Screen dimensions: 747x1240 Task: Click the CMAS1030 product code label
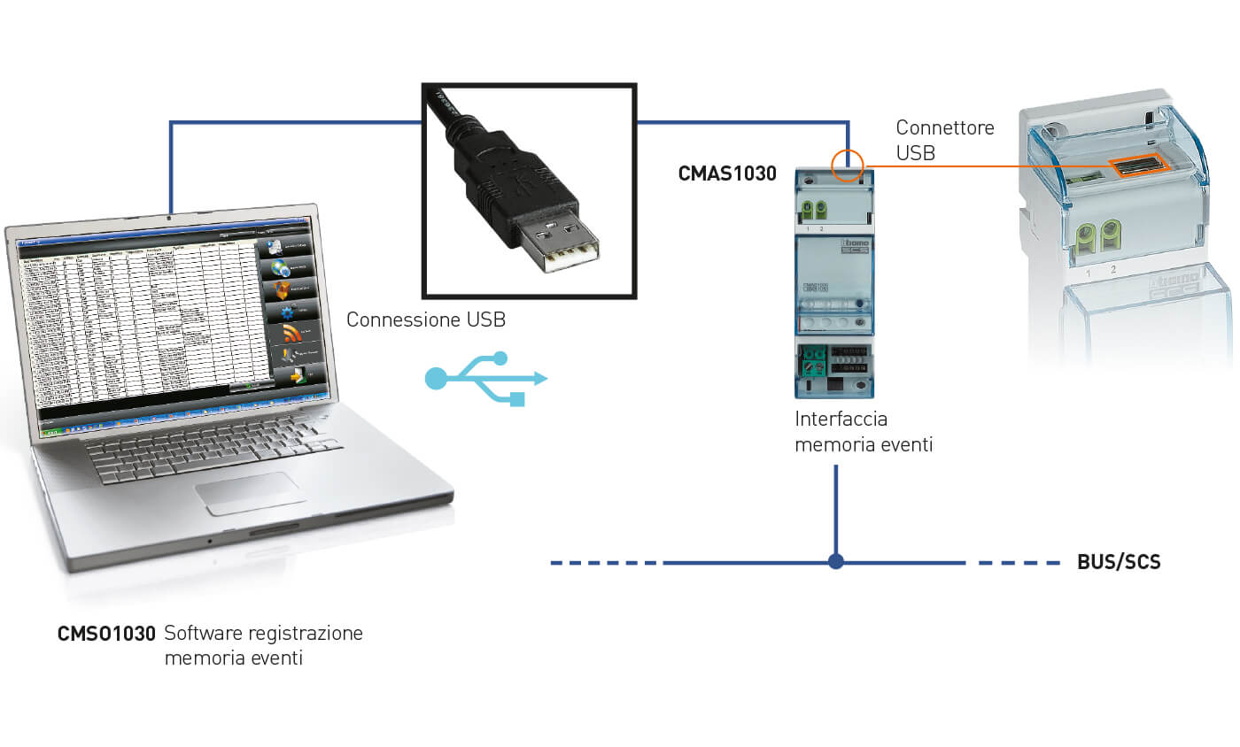(x=726, y=173)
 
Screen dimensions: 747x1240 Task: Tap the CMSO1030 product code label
(x=107, y=634)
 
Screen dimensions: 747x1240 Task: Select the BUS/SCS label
(x=1119, y=562)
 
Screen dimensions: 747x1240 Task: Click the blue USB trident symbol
(x=486, y=379)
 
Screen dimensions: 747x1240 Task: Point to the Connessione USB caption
(x=426, y=320)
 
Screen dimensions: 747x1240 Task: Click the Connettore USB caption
(x=944, y=140)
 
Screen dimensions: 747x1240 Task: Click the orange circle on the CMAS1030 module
(x=848, y=165)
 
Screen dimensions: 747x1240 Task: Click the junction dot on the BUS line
(x=835, y=561)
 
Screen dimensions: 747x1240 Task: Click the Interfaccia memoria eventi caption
(x=863, y=431)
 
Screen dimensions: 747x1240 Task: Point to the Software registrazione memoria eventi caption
(x=263, y=645)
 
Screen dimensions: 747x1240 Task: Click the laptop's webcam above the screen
(x=170, y=215)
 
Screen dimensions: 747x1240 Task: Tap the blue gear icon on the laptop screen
(x=288, y=312)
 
